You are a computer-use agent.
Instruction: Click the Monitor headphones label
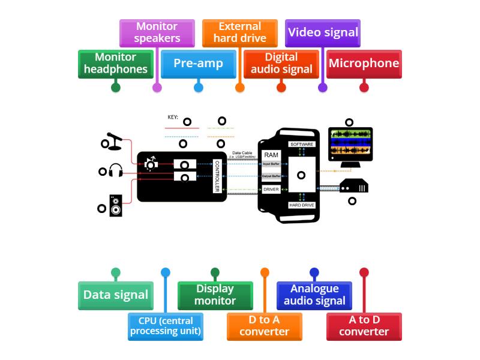tap(116, 64)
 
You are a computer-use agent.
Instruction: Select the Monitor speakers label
tap(157, 32)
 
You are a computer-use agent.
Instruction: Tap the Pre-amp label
tap(199, 64)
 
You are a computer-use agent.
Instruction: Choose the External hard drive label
tap(240, 32)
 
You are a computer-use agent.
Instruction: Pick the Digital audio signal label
tap(281, 64)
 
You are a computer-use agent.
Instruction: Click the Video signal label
tap(323, 32)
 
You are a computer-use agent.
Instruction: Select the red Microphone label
tap(364, 64)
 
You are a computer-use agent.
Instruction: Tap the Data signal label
tap(116, 295)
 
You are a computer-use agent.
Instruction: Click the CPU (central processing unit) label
tap(166, 326)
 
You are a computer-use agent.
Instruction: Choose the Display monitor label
tap(215, 295)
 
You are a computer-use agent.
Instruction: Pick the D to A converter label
tap(265, 326)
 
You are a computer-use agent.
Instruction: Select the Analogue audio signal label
tap(314, 295)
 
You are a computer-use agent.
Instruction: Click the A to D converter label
tap(364, 326)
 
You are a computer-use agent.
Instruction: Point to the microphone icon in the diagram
tap(114, 140)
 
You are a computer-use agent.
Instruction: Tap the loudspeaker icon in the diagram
tap(116, 206)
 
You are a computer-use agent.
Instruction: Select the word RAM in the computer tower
tap(271, 155)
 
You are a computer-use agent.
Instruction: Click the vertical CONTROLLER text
tap(217, 176)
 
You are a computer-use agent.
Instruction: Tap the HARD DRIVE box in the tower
tap(302, 205)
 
